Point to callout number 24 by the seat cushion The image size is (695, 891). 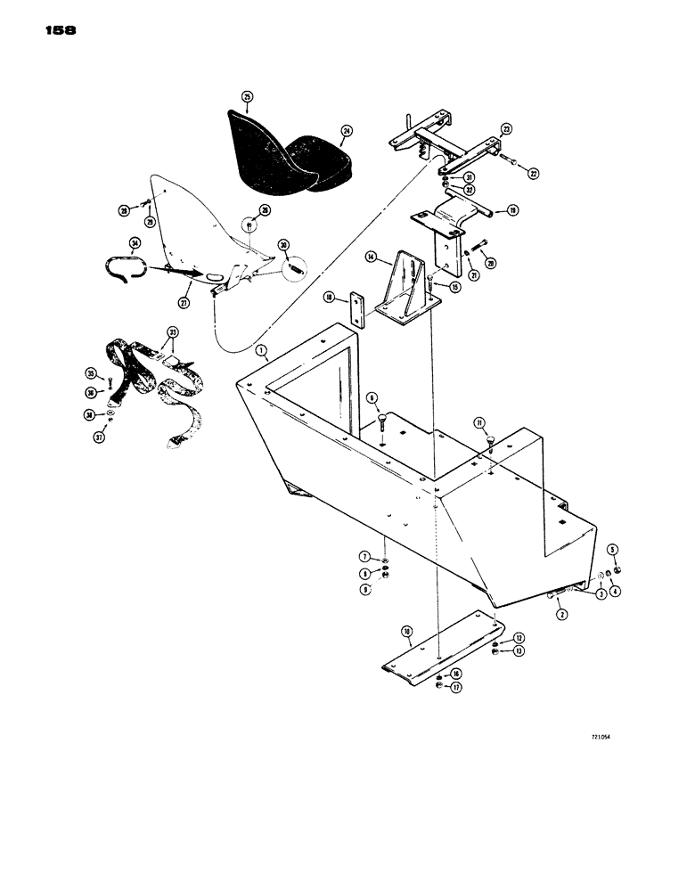pyautogui.click(x=346, y=129)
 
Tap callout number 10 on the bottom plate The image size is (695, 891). pyautogui.click(x=407, y=631)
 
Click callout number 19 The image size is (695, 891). pyautogui.click(x=512, y=210)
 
